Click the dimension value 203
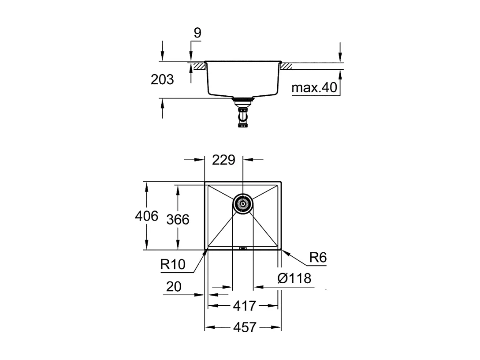162,80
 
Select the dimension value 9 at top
197,33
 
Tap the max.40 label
314,88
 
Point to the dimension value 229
223,160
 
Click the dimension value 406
146,216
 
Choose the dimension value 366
178,219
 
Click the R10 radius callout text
173,264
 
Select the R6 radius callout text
317,258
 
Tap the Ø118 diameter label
294,278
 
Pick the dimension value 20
174,287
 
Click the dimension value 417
244,305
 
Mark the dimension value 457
244,327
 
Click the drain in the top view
242,204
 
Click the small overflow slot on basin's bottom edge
242,248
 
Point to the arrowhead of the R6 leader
283,251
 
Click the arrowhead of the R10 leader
206,251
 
